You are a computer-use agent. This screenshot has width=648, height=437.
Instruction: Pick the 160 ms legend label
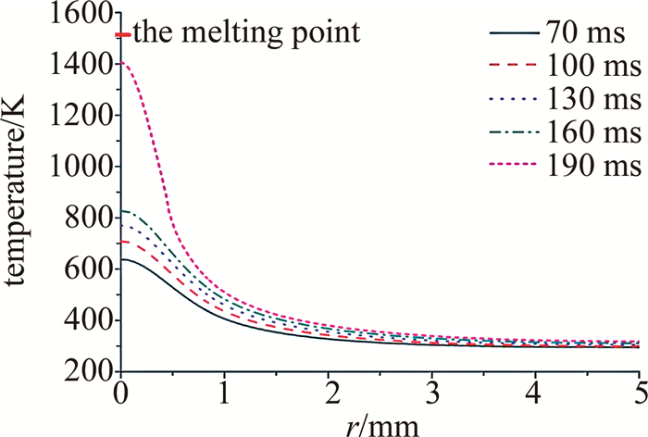click(x=598, y=131)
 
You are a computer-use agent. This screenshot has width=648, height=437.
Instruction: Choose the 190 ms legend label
click(x=598, y=164)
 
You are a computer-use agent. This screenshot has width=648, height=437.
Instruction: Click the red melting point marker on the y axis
click(x=123, y=35)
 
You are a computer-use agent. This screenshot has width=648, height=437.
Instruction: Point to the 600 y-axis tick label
click(x=91, y=269)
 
